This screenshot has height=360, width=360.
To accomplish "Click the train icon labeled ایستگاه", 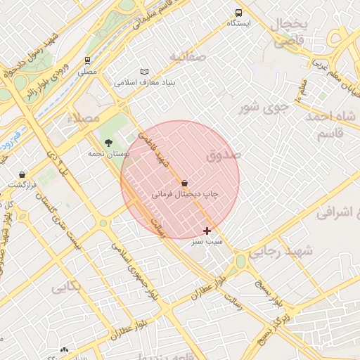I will [239, 13].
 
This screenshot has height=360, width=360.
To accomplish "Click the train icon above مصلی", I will [87, 60].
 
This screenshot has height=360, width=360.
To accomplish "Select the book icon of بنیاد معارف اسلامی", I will [145, 72].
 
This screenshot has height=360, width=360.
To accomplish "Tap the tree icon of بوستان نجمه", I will [108, 143].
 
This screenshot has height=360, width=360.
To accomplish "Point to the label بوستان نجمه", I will [106, 153].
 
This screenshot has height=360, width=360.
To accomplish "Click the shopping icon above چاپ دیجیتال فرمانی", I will [184, 182].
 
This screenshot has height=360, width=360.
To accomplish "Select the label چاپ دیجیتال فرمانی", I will [185, 193].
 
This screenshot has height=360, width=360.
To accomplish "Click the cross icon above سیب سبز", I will [207, 231].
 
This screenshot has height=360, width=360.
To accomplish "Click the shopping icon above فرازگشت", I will [22, 174].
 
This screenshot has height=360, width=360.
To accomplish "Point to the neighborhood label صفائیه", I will [187, 56].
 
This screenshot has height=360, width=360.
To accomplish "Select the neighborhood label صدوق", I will [224, 153].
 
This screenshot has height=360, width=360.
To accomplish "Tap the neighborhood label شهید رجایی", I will [274, 253].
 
